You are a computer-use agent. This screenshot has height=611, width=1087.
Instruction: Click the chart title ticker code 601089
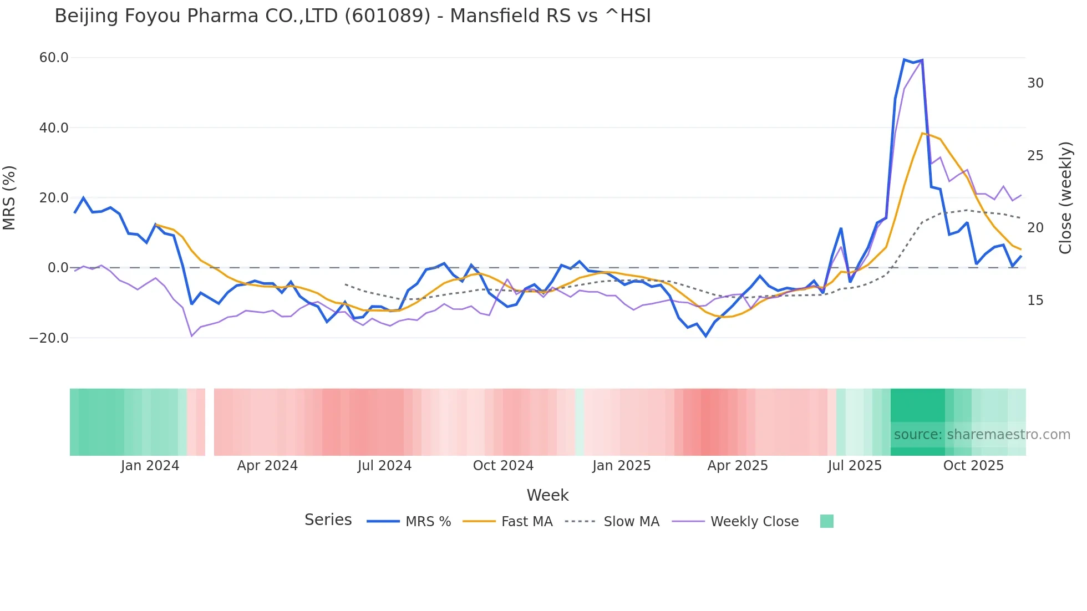coord(387,16)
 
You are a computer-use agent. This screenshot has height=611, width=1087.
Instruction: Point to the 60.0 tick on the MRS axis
coord(54,58)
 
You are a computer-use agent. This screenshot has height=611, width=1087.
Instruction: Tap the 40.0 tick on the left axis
coord(54,128)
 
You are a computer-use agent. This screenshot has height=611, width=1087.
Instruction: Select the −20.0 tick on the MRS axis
coord(49,338)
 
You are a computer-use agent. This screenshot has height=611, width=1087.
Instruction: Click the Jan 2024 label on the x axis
coord(150,466)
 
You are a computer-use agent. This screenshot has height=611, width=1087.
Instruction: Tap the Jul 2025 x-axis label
coord(855,466)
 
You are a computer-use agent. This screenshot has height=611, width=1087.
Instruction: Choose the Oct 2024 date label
coord(503,466)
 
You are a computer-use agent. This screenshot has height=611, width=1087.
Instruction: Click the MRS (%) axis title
coord(9,197)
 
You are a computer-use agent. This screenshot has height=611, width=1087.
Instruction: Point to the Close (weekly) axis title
coord(1065,197)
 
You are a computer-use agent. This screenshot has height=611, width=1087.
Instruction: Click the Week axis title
coord(547,495)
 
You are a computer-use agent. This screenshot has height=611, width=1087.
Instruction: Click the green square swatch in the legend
coord(826,521)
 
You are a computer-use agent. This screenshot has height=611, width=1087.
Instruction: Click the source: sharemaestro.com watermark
coord(982,435)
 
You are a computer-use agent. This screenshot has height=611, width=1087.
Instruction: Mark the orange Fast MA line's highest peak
coord(922,133)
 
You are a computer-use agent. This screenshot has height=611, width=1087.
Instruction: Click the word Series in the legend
coord(328,520)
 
